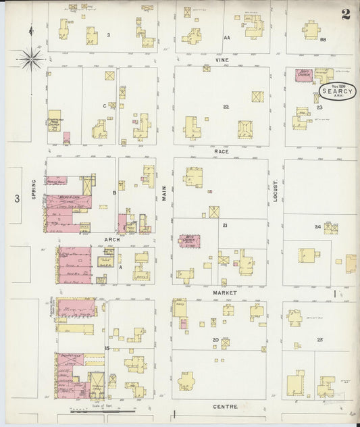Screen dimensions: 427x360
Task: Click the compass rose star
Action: [30, 59]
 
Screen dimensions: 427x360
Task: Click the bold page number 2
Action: [345, 14]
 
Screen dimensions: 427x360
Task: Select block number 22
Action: [226, 107]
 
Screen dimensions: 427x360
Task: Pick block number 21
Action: [224, 225]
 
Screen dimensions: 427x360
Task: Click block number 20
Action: [215, 339]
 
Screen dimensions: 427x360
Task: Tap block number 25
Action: [320, 339]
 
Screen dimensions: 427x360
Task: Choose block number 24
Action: [317, 227]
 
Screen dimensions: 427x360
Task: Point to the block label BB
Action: [322, 41]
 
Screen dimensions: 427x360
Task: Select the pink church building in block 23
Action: [303, 76]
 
